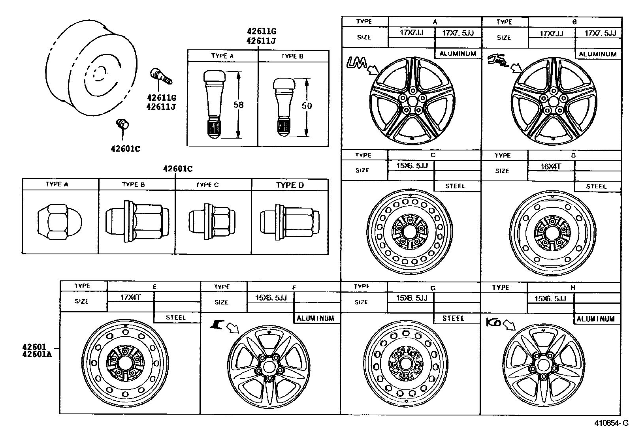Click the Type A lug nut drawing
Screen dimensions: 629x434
(x=60, y=222)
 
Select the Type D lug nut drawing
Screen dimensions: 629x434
(x=289, y=222)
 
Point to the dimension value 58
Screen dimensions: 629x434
(x=238, y=105)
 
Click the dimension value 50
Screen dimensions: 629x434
(x=307, y=105)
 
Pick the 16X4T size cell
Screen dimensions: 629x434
(x=551, y=166)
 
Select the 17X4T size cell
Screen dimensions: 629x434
(x=130, y=297)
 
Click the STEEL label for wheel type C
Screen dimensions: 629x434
(x=455, y=186)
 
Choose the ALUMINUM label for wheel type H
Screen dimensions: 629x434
(x=595, y=319)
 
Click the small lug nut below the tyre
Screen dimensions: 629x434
(x=122, y=124)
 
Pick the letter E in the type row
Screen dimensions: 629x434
(x=154, y=286)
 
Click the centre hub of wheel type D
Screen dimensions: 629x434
(x=552, y=232)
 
